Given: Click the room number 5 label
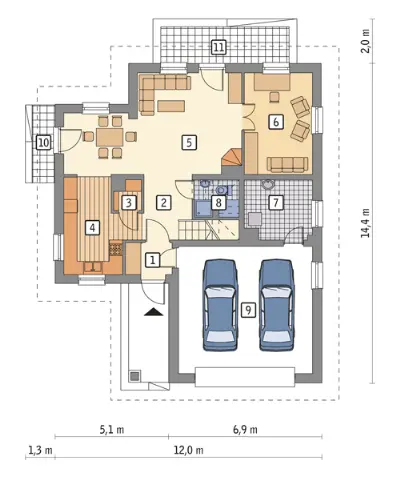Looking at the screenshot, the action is point(189,143).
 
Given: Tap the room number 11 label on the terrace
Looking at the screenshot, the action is point(218,47).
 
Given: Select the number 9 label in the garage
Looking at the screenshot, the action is point(248,310).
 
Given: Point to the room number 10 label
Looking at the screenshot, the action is point(44,143).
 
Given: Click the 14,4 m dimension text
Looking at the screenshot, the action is point(366,223).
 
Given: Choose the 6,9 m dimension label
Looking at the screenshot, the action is point(245,430).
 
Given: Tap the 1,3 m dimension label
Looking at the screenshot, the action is point(41,451).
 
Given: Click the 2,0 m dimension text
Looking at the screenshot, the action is point(366,41).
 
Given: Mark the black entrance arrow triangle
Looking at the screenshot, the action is point(154,312).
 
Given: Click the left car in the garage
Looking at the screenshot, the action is point(220,305).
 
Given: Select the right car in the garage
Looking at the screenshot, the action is point(277,305).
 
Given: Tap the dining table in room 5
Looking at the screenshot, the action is point(110,136).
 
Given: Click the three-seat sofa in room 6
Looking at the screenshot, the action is point(287,164).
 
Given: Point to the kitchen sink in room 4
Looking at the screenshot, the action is point(93,268).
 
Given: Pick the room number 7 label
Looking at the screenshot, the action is point(276,202).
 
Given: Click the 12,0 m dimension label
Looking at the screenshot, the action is point(188,451).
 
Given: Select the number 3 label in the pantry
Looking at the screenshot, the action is point(129,202).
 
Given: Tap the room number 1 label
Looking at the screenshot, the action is point(152,260).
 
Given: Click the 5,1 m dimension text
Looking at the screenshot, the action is point(112,430).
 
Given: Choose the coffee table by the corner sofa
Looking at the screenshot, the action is point(171,105).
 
